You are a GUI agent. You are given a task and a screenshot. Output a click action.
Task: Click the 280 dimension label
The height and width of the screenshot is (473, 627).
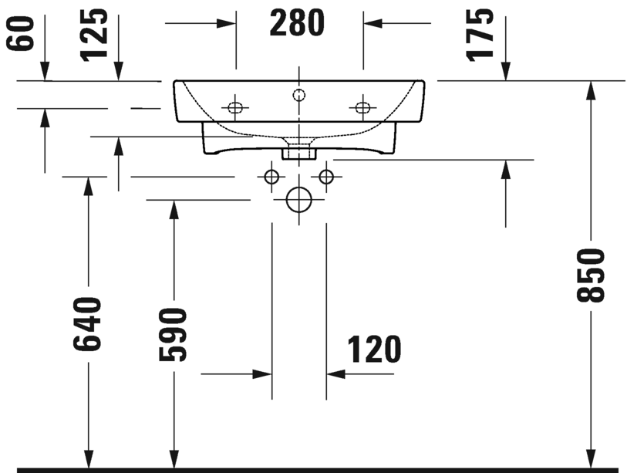298,23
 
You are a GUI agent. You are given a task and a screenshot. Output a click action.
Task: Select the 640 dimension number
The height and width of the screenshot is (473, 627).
88,324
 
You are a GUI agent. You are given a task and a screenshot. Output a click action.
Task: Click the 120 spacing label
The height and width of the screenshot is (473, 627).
374,350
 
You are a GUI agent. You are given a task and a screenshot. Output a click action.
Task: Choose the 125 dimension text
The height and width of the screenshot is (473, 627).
94,34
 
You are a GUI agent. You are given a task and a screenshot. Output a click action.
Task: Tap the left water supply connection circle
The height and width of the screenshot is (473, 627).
271,177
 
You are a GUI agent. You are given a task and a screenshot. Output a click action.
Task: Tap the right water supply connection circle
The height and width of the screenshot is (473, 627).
326,177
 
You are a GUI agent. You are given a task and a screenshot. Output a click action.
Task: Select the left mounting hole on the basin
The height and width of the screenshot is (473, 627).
235,107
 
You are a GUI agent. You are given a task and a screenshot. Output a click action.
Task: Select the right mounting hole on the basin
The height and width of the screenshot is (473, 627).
362,107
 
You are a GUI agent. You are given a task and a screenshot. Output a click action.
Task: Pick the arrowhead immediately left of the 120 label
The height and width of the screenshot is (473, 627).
336,373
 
